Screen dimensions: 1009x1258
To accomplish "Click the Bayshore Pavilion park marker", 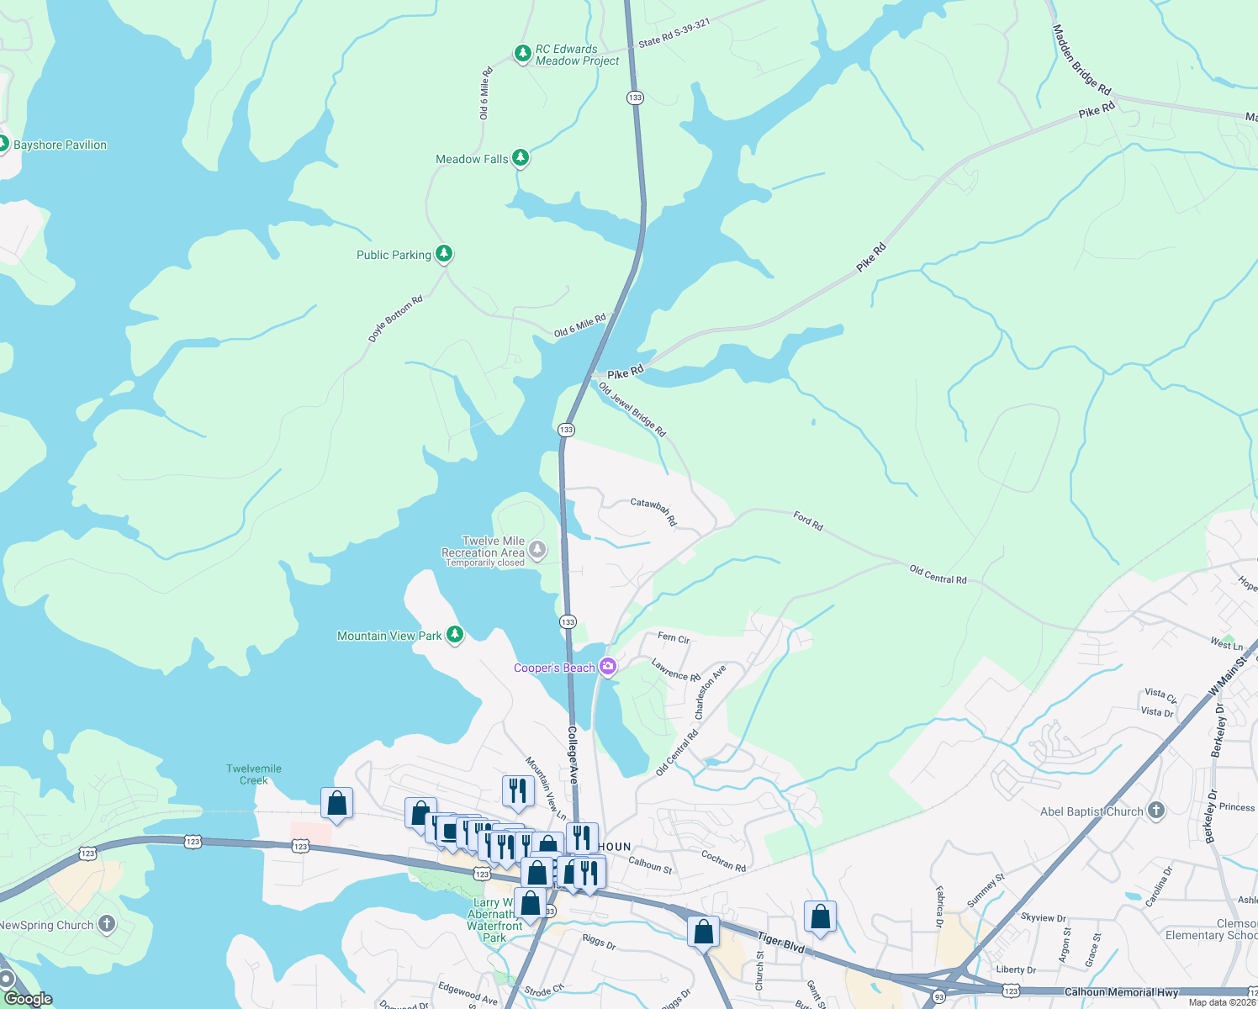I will (x=3, y=144).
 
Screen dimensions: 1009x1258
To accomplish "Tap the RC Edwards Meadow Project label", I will (x=577, y=55).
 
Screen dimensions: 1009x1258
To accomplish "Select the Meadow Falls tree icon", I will (x=521, y=157).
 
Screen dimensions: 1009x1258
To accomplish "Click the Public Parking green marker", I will (x=444, y=254).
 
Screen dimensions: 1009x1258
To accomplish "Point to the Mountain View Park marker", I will (x=455, y=635).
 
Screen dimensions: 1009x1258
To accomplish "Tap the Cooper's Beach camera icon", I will (x=607, y=668).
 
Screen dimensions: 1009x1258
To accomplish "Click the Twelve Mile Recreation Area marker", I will (x=537, y=552).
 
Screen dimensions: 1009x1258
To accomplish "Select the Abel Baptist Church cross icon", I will (x=1156, y=811).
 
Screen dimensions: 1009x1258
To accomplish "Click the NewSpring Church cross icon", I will (x=106, y=924).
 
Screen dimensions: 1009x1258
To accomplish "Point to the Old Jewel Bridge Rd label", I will (x=632, y=409).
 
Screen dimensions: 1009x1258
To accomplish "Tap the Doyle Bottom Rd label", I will (x=395, y=319).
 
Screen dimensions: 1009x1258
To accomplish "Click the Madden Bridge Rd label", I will (x=1081, y=60).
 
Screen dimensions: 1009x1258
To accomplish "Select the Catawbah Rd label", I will (x=653, y=510).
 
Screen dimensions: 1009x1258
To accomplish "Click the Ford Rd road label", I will (x=808, y=520).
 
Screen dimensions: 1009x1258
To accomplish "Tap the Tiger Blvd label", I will (x=781, y=943).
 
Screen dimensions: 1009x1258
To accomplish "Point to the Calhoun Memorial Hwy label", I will (x=1121, y=992).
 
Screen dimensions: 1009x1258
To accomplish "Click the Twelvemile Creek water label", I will (x=254, y=774).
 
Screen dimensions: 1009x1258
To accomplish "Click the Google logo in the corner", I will (x=29, y=999).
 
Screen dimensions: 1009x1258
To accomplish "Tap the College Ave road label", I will (x=573, y=755).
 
